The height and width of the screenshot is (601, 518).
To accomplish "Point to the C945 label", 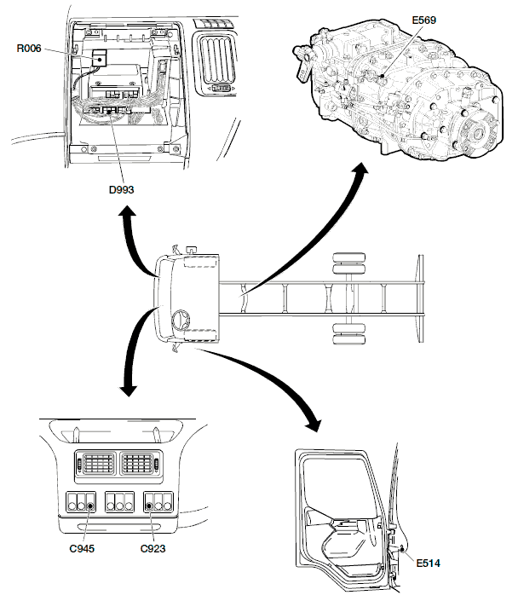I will [83, 547].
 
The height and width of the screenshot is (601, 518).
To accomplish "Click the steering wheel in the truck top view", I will [180, 321].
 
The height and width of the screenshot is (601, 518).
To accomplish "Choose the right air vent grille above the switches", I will [136, 463].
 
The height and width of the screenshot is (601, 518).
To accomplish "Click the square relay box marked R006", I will [99, 58].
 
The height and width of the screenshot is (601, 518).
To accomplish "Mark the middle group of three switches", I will [118, 502].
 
